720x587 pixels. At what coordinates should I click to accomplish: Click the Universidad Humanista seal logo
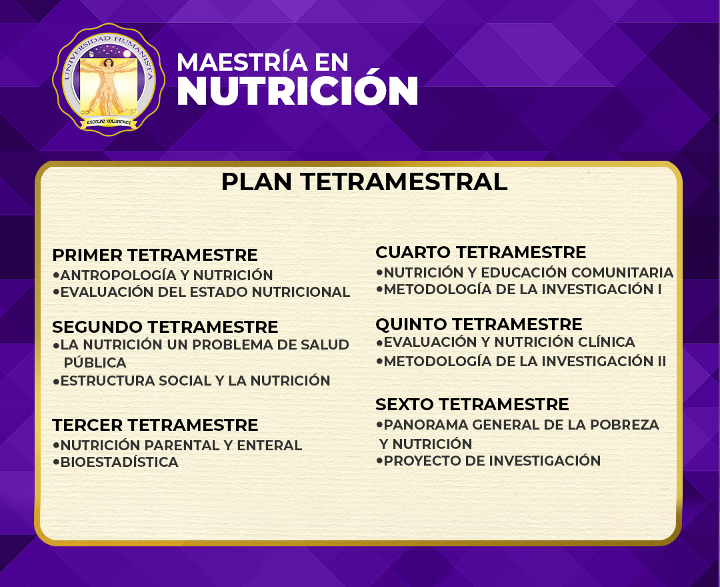109,79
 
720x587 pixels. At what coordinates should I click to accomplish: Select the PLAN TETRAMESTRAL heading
364,181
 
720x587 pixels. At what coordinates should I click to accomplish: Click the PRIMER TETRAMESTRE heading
155,255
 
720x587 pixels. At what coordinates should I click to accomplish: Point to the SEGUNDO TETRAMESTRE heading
165,327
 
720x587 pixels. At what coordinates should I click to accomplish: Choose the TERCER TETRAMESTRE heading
155,426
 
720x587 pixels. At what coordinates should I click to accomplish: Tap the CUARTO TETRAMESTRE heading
481,252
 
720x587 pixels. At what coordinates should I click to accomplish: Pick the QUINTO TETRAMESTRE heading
479,324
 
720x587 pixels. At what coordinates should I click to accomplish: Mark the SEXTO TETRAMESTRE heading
472,405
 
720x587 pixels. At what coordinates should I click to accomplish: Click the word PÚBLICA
95,363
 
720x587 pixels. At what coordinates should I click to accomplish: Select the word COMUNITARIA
622,273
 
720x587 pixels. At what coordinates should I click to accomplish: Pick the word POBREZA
625,425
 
